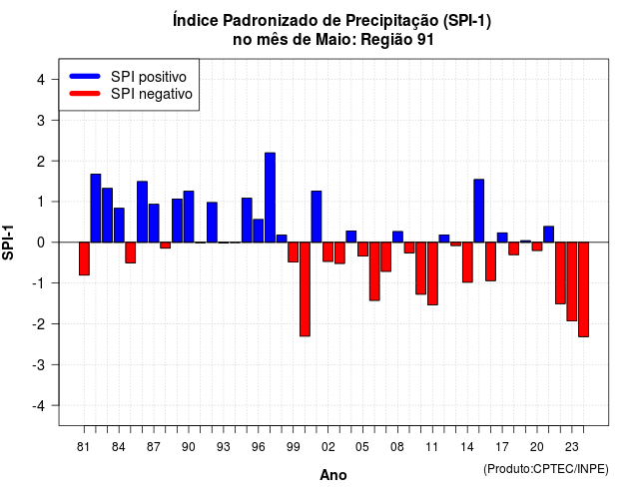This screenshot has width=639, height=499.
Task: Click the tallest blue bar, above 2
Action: pyautogui.click(x=270, y=198)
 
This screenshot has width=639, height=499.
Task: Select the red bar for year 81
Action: pyautogui.click(x=84, y=258)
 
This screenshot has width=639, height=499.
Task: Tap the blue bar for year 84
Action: pyautogui.click(x=119, y=226)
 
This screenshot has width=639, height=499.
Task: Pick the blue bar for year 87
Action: pyautogui.click(x=154, y=224)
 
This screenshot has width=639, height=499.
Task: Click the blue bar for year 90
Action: pyautogui.click(x=189, y=217)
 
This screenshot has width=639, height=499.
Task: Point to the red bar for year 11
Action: pyautogui.click(x=432, y=273)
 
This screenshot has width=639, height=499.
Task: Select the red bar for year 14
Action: pyautogui.click(x=467, y=262)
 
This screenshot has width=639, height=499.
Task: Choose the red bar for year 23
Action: pyautogui.click(x=572, y=281)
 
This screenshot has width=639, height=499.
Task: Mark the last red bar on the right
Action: pyautogui.click(x=583, y=289)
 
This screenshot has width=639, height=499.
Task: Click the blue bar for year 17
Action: pyautogui.click(x=502, y=238)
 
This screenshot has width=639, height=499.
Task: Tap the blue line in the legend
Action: pyautogui.click(x=85, y=76)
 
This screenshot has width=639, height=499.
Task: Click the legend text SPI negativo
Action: pyautogui.click(x=152, y=94)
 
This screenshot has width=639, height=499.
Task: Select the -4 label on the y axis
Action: pyautogui.click(x=39, y=406)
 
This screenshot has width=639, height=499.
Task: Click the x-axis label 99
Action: pyautogui.click(x=293, y=447)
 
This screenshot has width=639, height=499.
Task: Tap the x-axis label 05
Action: pyautogui.click(x=361, y=447)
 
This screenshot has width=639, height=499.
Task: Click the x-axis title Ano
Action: pyautogui.click(x=332, y=475)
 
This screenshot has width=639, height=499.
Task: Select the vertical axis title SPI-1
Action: pyautogui.click(x=8, y=243)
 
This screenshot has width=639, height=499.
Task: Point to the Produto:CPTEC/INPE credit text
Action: pyautogui.click(x=546, y=469)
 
